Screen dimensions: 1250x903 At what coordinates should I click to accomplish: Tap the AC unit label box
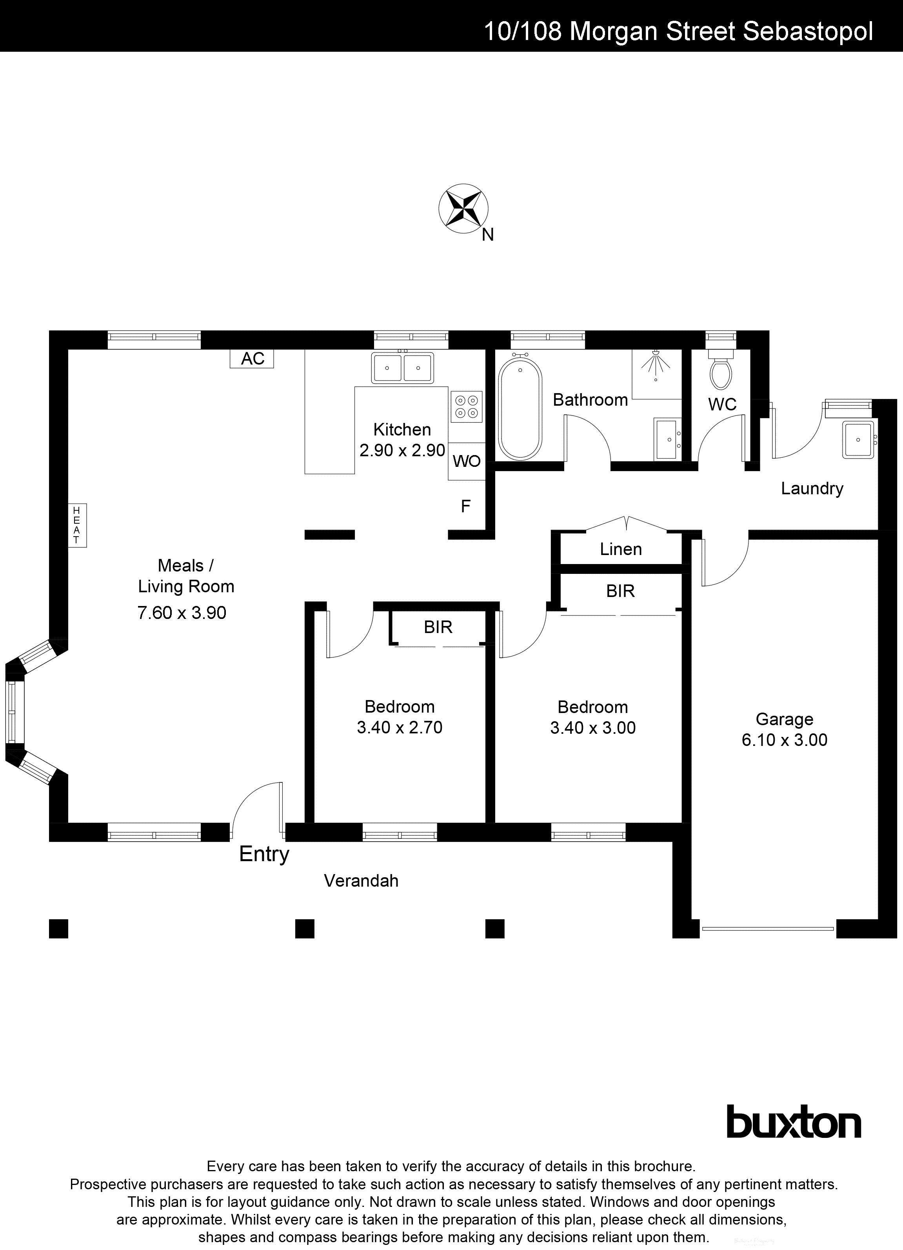point(252,359)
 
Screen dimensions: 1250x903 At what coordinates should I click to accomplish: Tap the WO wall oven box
point(466,461)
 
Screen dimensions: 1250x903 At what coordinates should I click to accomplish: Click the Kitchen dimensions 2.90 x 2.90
point(402,450)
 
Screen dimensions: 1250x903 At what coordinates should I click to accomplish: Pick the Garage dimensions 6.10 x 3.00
point(784,740)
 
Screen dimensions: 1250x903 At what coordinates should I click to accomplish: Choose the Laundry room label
point(812,488)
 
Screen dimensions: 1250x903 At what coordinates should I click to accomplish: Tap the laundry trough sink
point(858,439)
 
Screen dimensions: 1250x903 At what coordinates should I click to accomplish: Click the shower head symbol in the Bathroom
point(656,362)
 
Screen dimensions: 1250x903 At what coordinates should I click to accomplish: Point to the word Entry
point(264,854)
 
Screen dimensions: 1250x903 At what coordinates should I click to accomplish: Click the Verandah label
point(361,881)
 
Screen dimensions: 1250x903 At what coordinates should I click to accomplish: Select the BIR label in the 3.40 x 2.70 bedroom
point(438,627)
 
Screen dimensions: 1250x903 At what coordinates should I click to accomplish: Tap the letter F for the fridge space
point(466,506)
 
